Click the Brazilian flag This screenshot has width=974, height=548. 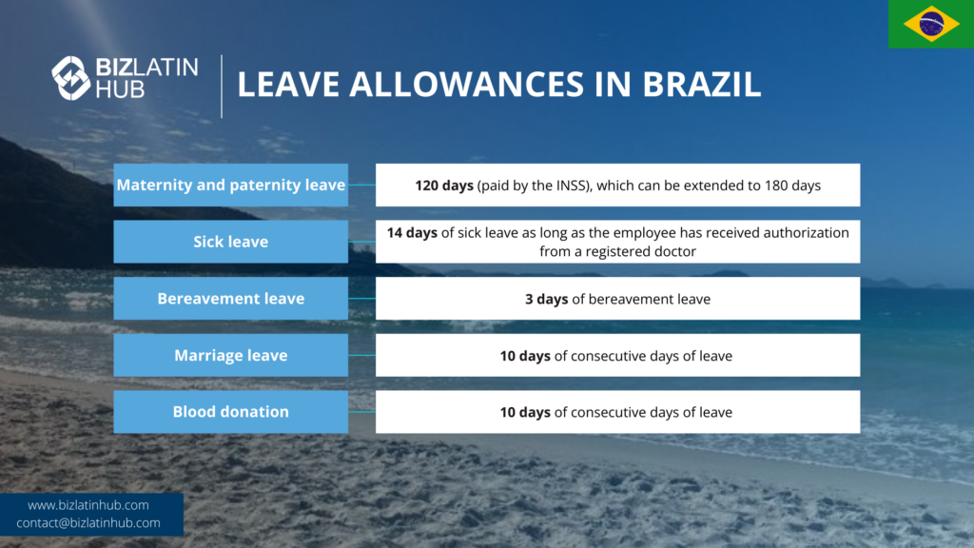point(930,24)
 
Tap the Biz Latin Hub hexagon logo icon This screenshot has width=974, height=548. point(70,78)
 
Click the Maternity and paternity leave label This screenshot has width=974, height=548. point(230,185)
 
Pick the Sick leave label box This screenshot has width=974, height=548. point(230,242)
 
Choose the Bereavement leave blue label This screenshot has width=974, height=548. point(230,298)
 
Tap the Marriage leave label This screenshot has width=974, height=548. point(230,355)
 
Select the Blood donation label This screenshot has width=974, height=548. point(230,411)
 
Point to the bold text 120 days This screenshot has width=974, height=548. point(443,186)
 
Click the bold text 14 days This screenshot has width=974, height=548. point(412,232)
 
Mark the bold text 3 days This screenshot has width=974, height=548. point(546,299)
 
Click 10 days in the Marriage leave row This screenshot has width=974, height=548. point(525,356)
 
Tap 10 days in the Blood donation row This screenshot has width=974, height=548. point(525,412)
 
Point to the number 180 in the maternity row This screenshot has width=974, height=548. point(777,186)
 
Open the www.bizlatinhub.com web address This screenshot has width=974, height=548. point(88,505)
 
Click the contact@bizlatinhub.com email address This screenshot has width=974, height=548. point(88,523)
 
